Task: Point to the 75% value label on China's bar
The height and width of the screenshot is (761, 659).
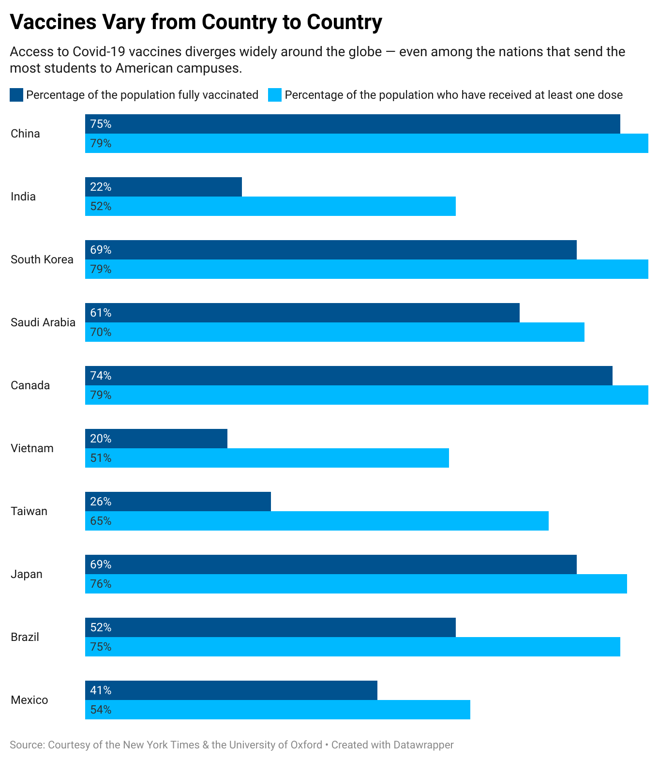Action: (101, 124)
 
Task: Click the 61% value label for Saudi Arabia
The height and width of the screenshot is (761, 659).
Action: (101, 313)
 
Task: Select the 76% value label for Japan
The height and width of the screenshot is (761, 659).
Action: (101, 584)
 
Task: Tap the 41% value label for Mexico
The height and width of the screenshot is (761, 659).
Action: (101, 690)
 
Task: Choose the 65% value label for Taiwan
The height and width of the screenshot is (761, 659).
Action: (101, 521)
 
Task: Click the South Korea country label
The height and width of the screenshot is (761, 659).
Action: (42, 259)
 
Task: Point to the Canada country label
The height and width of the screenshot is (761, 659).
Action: (30, 385)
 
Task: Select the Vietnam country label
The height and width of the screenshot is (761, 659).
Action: (32, 448)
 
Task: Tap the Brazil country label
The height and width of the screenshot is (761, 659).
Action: (25, 637)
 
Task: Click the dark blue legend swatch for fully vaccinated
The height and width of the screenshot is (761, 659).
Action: (16, 95)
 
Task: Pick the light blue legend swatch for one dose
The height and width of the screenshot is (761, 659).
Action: (275, 95)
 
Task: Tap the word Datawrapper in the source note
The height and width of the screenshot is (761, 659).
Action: (423, 745)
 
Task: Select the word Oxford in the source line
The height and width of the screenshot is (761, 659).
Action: (306, 745)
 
